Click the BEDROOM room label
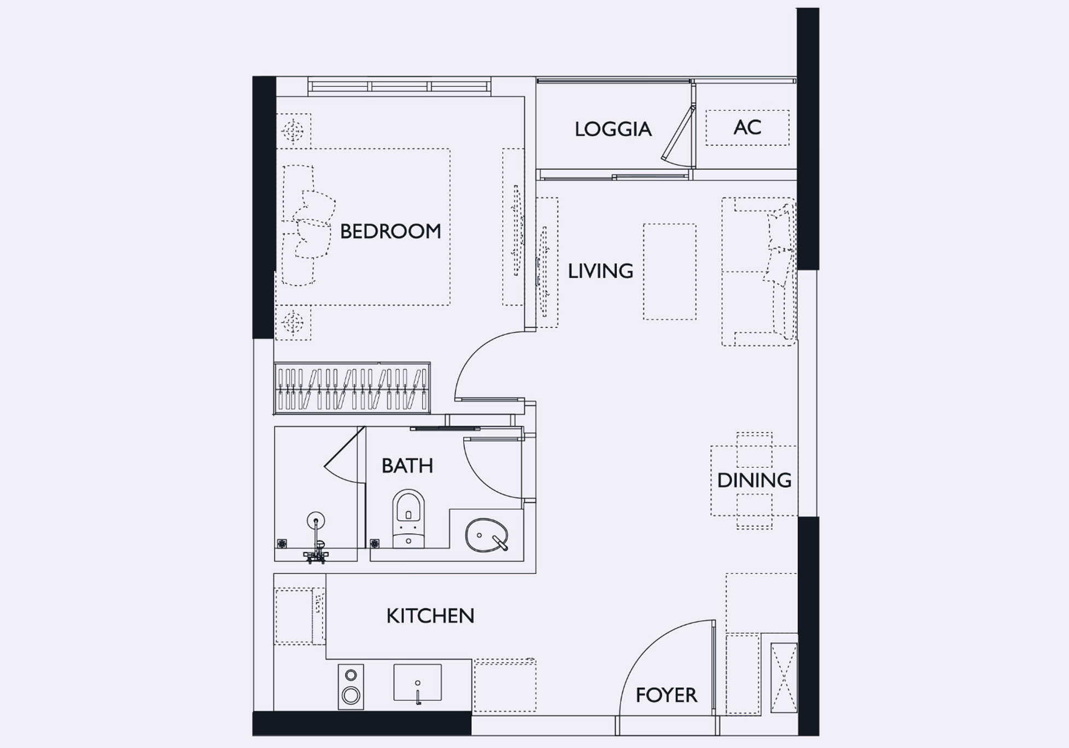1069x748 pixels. (x=390, y=231)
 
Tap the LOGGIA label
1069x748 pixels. (x=613, y=129)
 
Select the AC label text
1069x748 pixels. (x=747, y=127)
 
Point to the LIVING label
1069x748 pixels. (x=600, y=271)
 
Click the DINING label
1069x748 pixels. (x=754, y=480)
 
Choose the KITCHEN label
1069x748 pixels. (x=430, y=616)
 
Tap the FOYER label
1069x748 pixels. (x=666, y=695)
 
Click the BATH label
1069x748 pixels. (x=407, y=466)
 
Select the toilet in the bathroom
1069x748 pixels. (x=408, y=518)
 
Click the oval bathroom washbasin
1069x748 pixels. (x=487, y=535)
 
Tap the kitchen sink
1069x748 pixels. (x=417, y=682)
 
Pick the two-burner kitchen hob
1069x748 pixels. (x=351, y=687)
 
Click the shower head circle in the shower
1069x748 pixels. (x=316, y=520)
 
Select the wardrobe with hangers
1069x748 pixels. (x=352, y=388)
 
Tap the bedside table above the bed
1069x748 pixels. (x=294, y=131)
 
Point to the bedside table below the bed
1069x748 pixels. (x=293, y=323)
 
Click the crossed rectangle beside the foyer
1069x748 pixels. (x=784, y=678)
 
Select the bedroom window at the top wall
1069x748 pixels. (x=399, y=86)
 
